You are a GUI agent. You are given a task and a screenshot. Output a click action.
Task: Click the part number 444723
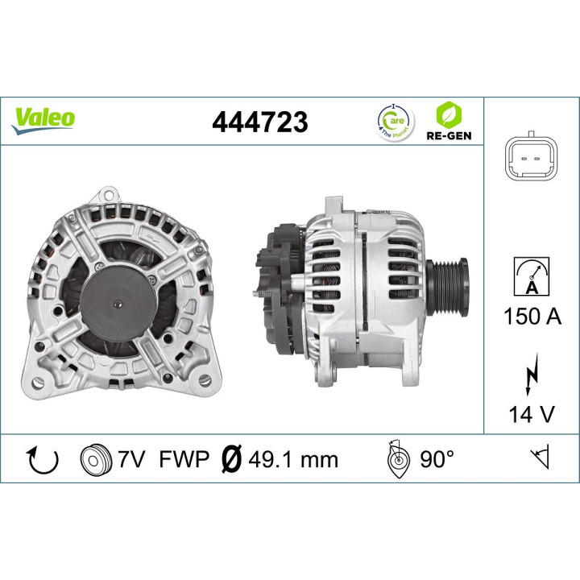[x=259, y=122]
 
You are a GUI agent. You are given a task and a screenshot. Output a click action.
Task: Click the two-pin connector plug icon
[x=531, y=157]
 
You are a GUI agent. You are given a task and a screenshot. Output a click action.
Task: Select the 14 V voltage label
[x=532, y=414]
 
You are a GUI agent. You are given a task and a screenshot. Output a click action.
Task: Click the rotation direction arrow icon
[x=43, y=460]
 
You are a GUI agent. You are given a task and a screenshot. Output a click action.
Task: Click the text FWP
[x=184, y=460]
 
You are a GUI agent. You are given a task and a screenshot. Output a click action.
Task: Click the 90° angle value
[x=437, y=460]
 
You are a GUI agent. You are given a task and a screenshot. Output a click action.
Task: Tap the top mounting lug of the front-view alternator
[x=108, y=196]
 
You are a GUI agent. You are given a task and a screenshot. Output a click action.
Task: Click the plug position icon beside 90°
[x=397, y=460]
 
